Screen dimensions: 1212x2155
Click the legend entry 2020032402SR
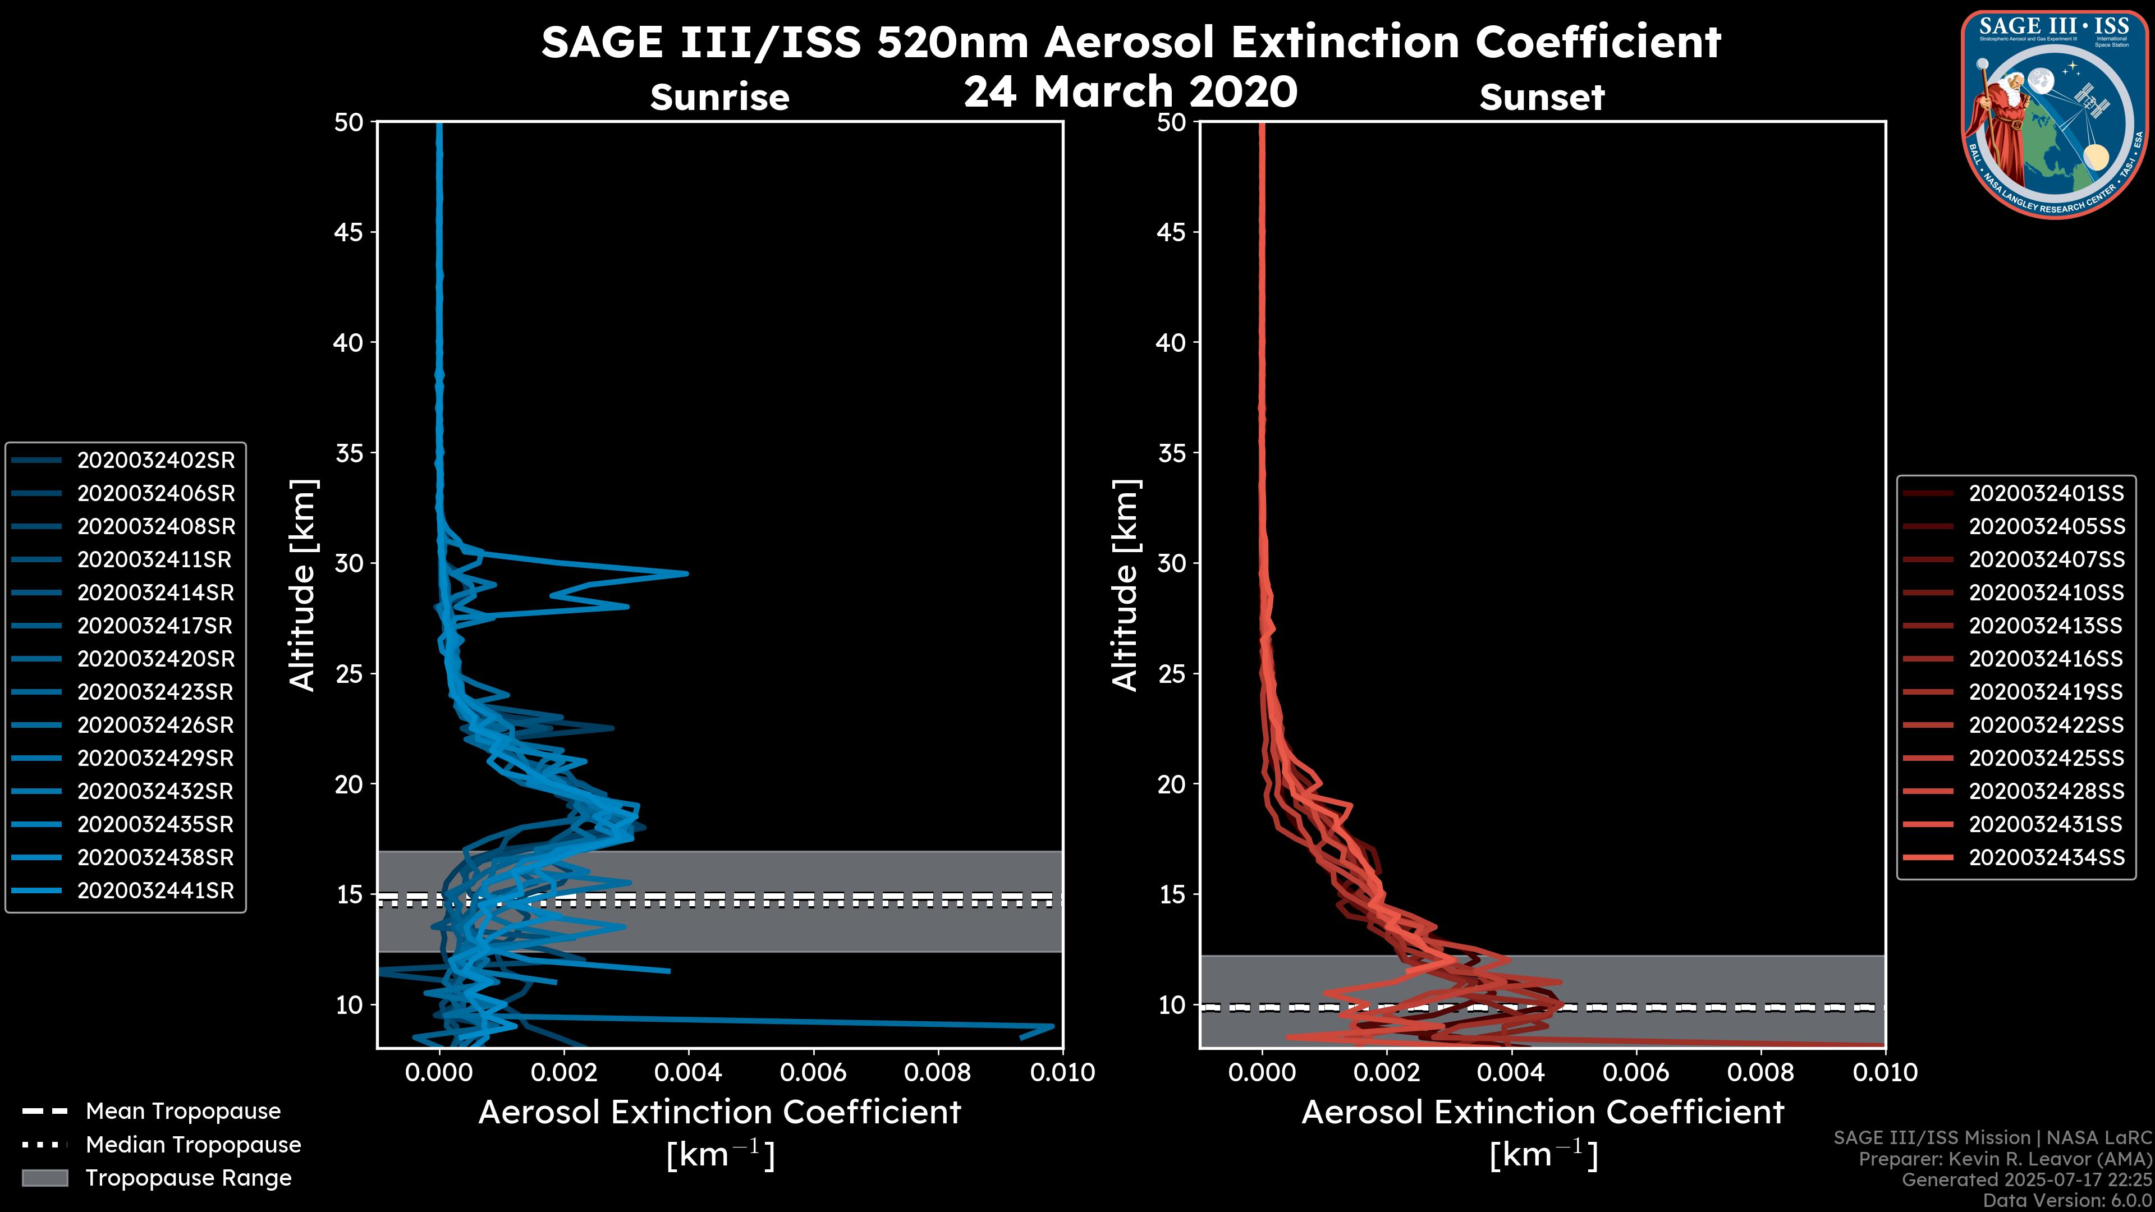[x=155, y=460]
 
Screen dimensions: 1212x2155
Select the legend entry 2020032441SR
[x=155, y=891]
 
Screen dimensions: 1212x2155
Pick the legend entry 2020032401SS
[x=2046, y=494]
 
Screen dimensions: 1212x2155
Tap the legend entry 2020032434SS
[x=2046, y=857]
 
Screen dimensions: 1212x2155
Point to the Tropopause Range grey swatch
[x=44, y=1178]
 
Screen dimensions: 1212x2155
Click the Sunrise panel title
[x=719, y=98]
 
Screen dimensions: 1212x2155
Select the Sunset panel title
[x=1542, y=98]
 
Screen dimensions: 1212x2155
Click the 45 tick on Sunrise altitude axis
[x=349, y=232]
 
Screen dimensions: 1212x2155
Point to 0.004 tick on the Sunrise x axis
[x=687, y=1072]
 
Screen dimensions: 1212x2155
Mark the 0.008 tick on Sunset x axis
[x=1761, y=1072]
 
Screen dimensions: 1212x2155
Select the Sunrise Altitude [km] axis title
[x=302, y=585]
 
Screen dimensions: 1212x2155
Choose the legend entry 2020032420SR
[x=155, y=659]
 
